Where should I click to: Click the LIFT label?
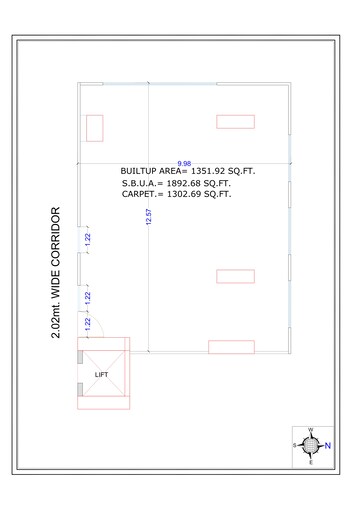[x=101, y=375]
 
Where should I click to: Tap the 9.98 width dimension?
[x=184, y=163]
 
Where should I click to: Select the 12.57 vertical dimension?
[x=149, y=217]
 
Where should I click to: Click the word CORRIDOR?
[x=56, y=237]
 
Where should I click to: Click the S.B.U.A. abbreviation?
[x=139, y=183]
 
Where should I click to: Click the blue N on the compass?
[x=328, y=445]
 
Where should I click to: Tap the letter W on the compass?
[x=310, y=430]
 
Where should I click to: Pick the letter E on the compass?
[x=311, y=462]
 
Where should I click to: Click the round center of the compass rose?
[x=311, y=445]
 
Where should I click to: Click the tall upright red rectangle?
[x=95, y=128]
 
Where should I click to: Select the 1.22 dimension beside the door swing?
[x=88, y=324]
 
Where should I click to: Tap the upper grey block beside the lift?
[x=80, y=357]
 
